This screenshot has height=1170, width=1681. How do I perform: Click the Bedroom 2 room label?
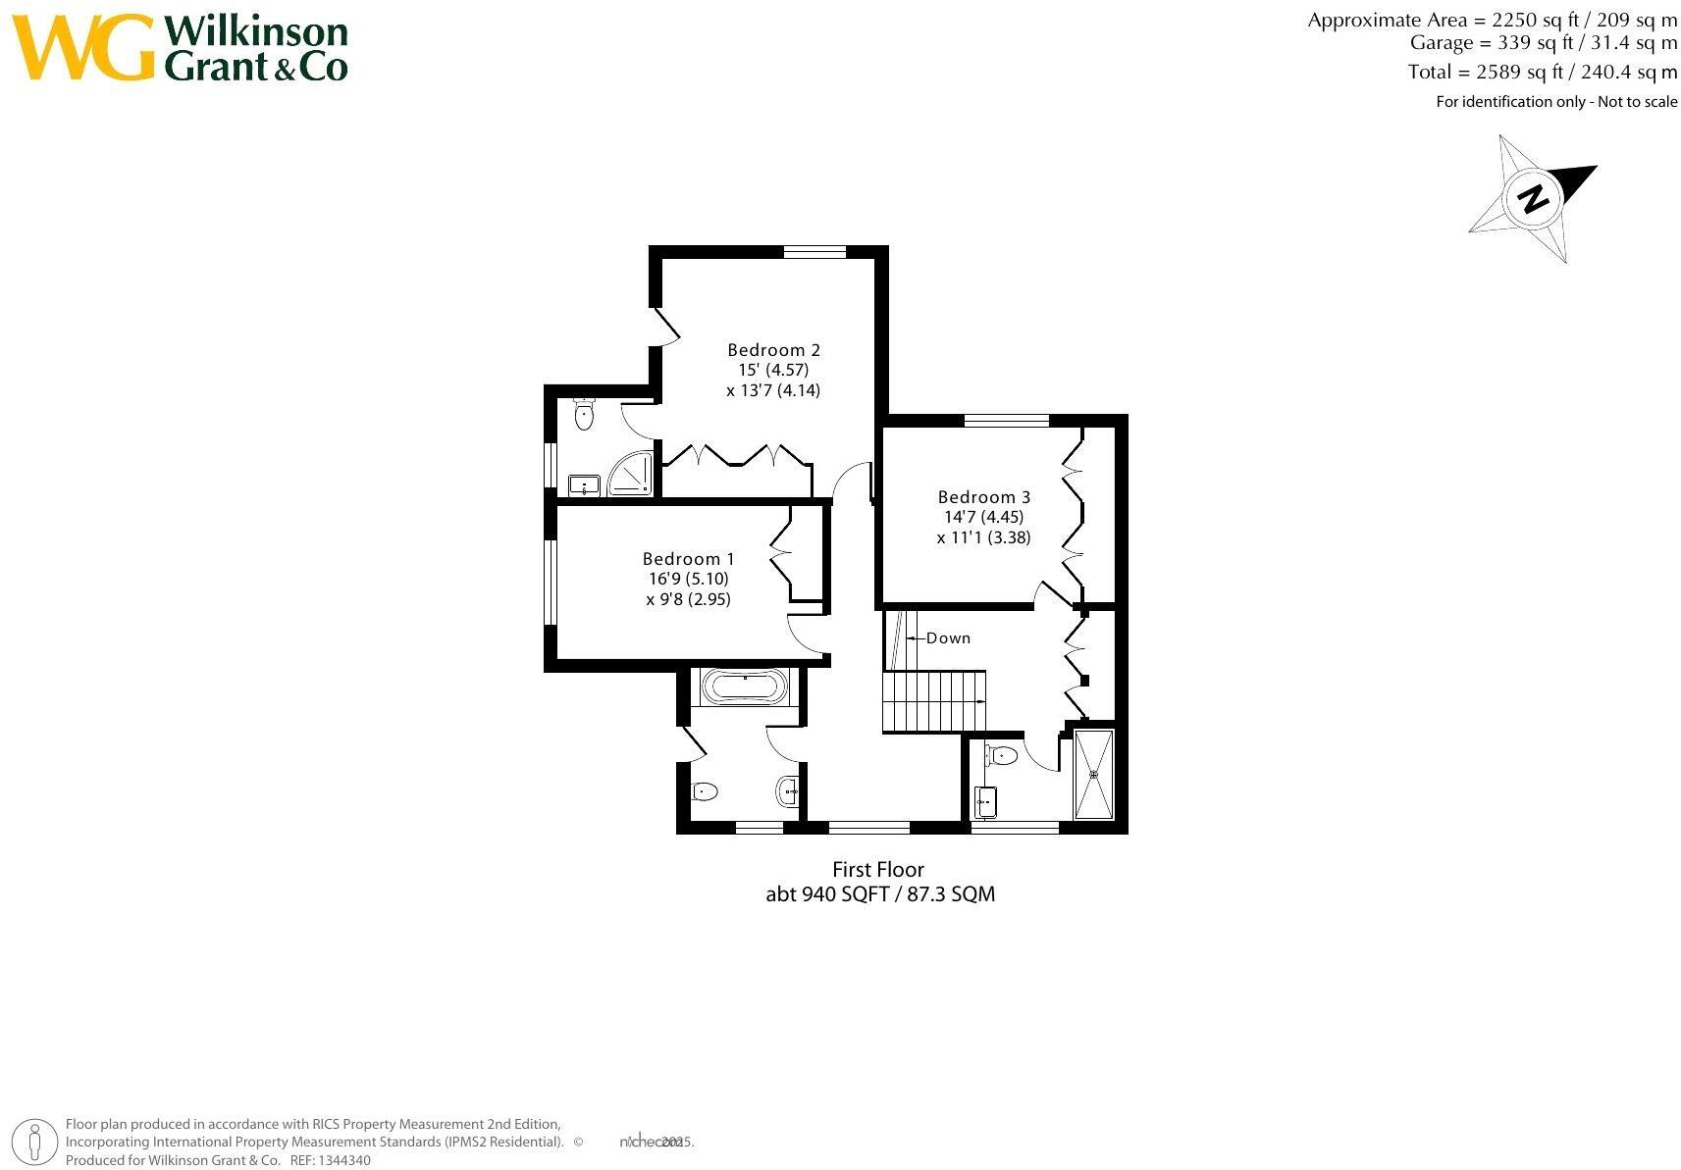point(773,350)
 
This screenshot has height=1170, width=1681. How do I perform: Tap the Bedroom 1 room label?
point(688,559)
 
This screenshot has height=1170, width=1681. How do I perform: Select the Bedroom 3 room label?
point(983,497)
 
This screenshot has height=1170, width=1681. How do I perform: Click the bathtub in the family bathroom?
point(743,687)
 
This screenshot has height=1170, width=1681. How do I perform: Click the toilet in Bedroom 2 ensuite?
point(585,414)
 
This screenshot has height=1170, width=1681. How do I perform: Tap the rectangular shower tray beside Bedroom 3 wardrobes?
point(1094,774)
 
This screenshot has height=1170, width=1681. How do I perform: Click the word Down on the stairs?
point(948,638)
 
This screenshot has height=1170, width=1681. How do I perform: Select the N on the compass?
point(1533,199)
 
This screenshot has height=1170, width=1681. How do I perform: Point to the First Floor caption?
point(878,870)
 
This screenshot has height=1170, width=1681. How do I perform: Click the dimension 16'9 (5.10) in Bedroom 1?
point(688,580)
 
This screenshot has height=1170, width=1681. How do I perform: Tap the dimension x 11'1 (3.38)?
point(983,537)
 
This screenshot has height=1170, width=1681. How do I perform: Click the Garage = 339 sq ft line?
point(1543,43)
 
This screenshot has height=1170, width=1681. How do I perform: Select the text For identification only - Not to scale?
point(1556,102)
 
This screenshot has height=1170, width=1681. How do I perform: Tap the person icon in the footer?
point(35,1142)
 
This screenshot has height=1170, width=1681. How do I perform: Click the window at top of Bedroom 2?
point(814,252)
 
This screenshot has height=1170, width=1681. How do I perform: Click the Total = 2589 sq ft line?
point(1542,72)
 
